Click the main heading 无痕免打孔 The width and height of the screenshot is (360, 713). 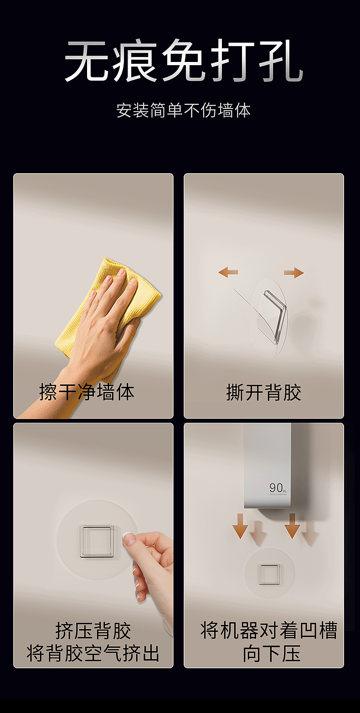pos(183,62)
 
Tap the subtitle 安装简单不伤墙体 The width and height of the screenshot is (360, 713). pos(183,111)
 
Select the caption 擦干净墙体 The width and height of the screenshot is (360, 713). pos(87,392)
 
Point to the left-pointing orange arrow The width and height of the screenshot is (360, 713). pos(228,272)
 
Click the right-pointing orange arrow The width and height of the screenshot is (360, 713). pos(294,272)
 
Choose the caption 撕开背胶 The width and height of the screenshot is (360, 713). pos(263,392)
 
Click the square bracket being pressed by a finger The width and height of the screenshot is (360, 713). pos(96,541)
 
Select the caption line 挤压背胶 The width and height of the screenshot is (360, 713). pos(93,631)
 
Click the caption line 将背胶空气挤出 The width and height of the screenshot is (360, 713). pos(93,653)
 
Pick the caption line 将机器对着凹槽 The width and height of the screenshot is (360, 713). pos(269,631)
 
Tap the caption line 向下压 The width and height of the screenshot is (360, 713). pos(271,653)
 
